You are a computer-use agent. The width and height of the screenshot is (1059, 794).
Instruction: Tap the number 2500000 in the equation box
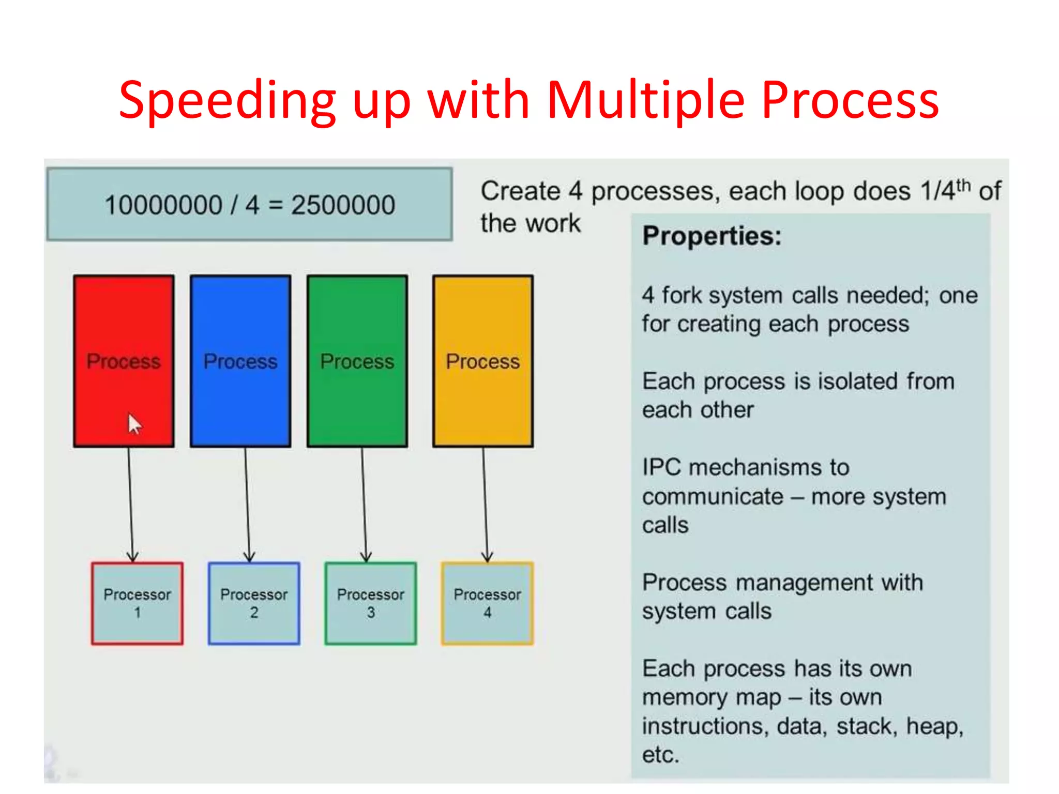[x=343, y=205]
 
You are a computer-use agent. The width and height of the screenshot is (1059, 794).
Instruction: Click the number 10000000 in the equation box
[x=163, y=205]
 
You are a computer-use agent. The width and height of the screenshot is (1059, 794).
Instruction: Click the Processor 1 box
[x=137, y=603]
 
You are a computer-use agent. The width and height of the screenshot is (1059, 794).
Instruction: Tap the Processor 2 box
[x=254, y=603]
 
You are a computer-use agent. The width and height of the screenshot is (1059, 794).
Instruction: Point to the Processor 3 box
[x=371, y=603]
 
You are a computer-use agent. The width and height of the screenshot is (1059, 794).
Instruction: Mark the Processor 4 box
[x=487, y=603]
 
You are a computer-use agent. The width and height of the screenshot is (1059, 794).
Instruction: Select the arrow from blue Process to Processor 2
[x=247, y=504]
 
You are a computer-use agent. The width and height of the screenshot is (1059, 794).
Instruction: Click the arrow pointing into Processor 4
[x=485, y=504]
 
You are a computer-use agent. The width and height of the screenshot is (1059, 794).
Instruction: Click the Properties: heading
[x=712, y=236]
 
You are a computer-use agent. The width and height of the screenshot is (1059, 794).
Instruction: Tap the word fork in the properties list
[x=682, y=296]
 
